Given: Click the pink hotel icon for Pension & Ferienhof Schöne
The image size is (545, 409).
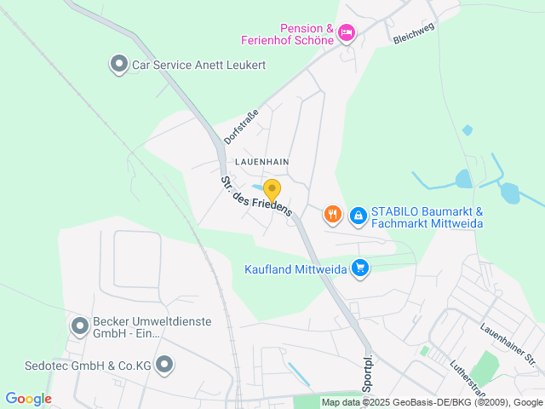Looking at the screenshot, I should pos(346,32).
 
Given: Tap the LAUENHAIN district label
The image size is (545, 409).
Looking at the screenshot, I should pos(262,160).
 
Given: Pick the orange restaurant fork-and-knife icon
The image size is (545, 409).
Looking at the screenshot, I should pos(333,215).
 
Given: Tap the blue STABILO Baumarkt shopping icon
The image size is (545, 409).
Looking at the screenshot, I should pos(359,216).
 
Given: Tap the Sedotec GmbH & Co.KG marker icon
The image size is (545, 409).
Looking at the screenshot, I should pos(164,366).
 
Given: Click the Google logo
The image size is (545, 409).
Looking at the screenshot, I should pos(28,399).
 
